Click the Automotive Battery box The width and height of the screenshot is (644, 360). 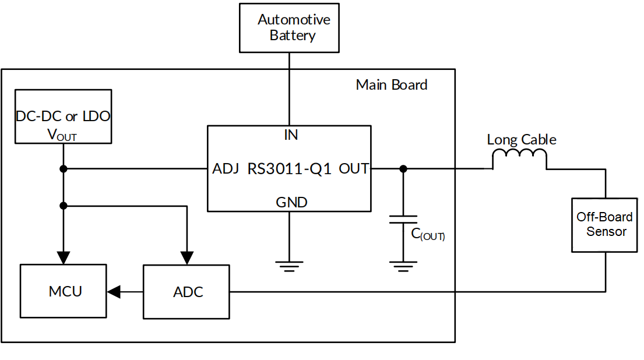coord(289,27)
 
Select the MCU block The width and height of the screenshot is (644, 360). coord(64,291)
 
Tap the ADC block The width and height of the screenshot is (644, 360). coord(187,291)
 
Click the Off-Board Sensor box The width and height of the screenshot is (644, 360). coord(604,224)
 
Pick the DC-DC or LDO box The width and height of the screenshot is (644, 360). coord(62,117)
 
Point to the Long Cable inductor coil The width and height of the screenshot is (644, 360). coord(520,159)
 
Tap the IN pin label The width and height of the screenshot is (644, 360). coord(290,135)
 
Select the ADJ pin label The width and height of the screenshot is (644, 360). coord(226,169)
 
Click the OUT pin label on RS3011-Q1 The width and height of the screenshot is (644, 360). coord(354,169)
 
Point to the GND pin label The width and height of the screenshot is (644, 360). coord(290,203)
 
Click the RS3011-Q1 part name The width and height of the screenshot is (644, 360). coord(290,169)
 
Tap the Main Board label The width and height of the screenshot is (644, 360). coord(391,85)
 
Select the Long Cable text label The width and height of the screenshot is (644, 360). coord(521,140)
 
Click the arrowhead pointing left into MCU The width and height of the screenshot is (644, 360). coord(114,291)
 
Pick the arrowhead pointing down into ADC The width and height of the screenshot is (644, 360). coord(187,257)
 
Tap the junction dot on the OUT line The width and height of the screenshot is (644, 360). coord(403,169)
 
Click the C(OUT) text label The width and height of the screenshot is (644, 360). coord(428,235)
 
